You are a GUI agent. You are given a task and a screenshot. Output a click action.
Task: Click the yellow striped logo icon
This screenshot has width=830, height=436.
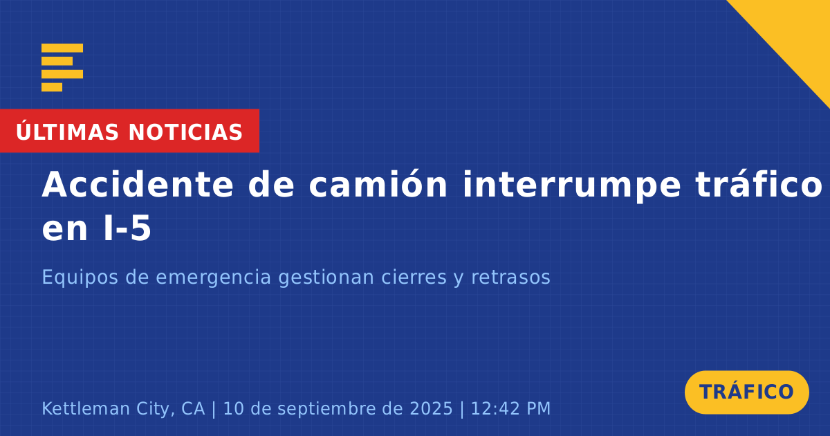(62, 68)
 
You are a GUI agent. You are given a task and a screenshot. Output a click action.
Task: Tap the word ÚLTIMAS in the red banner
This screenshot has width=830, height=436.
(67, 131)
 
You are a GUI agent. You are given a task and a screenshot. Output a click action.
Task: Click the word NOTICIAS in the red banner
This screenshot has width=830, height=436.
(185, 132)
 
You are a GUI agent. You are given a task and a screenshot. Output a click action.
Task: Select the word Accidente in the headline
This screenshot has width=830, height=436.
(138, 185)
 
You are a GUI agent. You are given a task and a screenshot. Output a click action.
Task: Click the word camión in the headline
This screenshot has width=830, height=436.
(378, 185)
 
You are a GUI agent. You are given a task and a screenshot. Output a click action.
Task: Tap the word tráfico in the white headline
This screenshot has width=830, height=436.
(759, 185)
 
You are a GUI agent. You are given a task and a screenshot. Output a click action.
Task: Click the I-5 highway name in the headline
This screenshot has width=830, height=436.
(127, 228)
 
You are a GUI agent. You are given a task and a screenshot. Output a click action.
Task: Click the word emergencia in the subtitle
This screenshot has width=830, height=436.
(214, 278)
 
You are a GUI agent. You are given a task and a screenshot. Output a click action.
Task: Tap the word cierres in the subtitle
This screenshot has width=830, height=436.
(414, 277)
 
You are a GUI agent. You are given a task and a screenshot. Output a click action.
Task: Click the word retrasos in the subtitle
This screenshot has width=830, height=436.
(510, 278)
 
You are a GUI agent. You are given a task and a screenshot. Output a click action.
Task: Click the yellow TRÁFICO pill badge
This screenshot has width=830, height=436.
(746, 392)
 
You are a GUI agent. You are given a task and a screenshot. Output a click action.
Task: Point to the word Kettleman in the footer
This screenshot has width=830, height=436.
(86, 408)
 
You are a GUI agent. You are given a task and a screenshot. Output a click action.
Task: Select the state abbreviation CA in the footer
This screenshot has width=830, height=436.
(193, 408)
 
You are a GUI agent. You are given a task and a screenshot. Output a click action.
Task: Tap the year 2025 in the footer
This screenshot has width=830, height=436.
(431, 408)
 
